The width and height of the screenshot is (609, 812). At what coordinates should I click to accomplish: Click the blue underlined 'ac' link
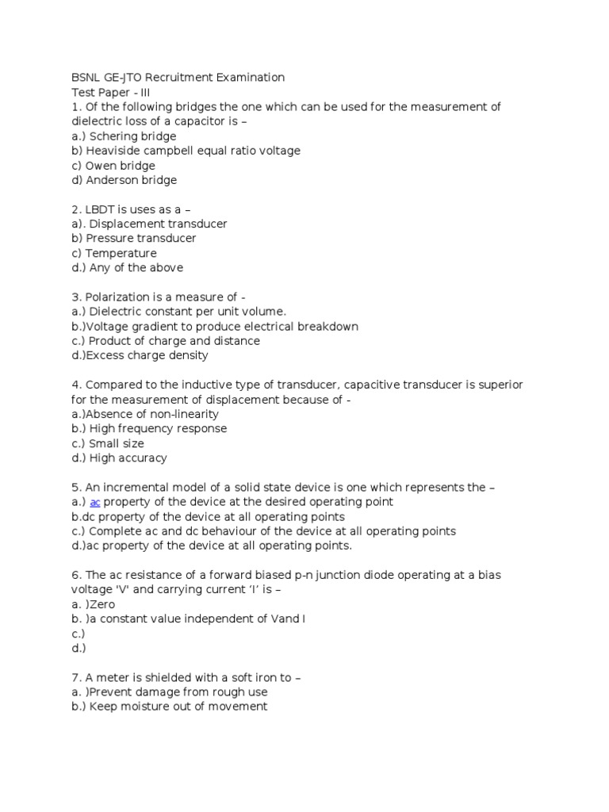(94, 502)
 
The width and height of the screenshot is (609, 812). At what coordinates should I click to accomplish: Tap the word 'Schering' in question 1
(113, 136)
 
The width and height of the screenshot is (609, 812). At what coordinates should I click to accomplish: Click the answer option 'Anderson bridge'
(132, 180)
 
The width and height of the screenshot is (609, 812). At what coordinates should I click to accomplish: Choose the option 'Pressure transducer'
(141, 238)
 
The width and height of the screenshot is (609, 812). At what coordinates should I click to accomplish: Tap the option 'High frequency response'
(158, 428)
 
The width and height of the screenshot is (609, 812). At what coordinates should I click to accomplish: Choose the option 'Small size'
(117, 443)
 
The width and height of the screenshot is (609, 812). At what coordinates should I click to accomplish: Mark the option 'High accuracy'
(128, 458)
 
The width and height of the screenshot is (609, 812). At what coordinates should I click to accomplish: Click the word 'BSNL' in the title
(86, 78)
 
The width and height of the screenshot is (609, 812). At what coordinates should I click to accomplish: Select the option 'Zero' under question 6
(101, 604)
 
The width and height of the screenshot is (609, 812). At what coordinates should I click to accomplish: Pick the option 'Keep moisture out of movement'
(178, 707)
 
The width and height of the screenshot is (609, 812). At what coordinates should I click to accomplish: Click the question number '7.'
(76, 677)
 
